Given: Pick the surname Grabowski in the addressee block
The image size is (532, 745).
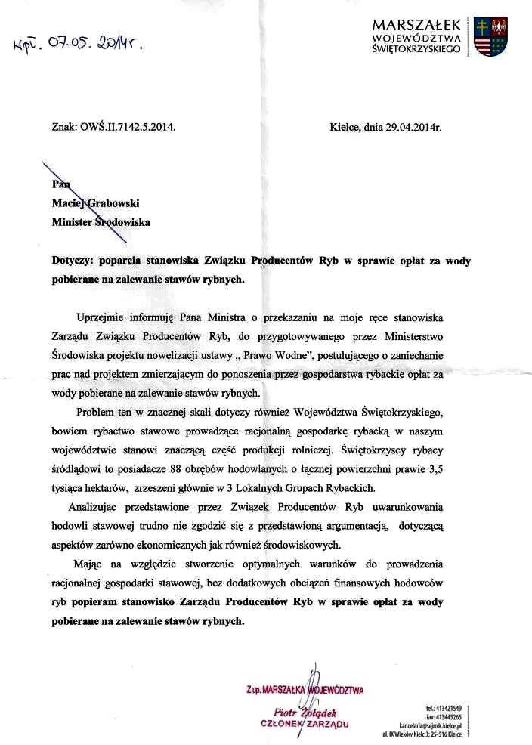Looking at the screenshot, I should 117,203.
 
